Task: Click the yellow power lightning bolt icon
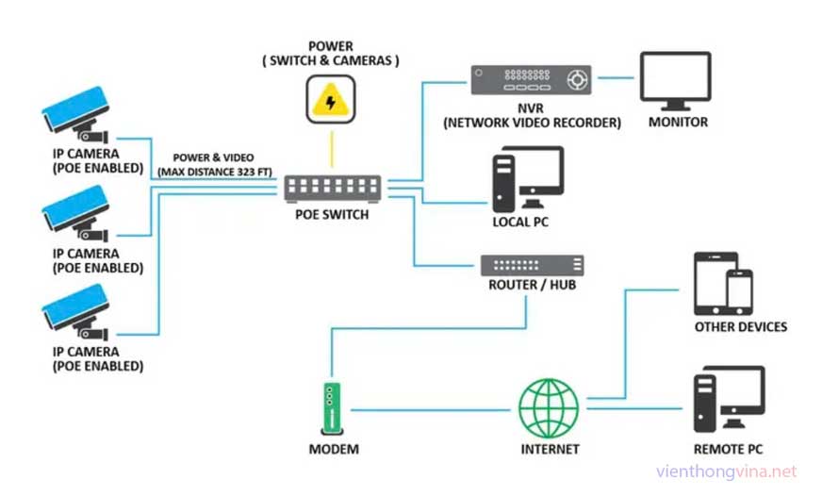click(331, 97)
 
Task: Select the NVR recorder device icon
click(531, 80)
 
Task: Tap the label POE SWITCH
click(331, 215)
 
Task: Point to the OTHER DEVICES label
click(740, 327)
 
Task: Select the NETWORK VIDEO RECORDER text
click(532, 123)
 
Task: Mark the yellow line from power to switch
click(331, 149)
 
